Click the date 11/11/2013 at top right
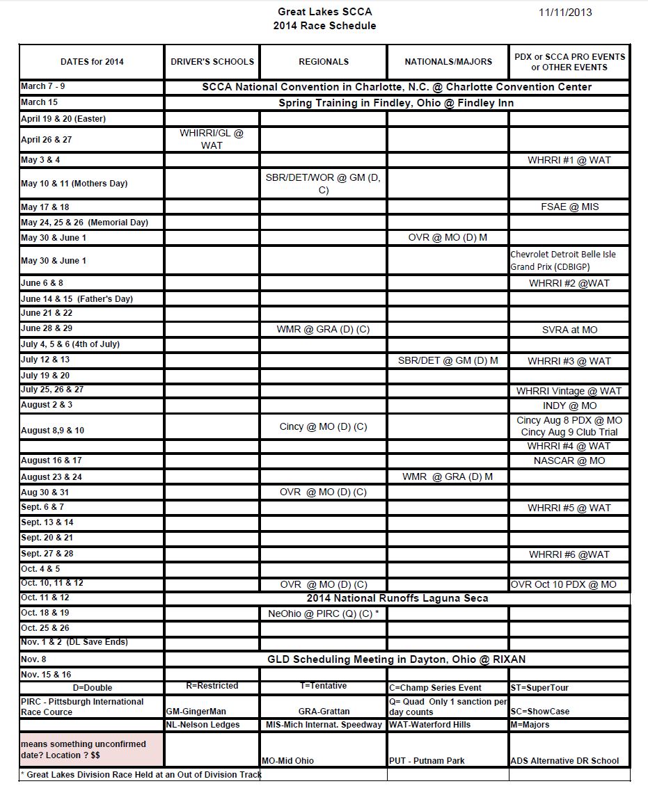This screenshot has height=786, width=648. coord(566,12)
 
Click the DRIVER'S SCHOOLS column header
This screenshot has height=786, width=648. coord(212,62)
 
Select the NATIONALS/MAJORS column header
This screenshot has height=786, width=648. coord(448,62)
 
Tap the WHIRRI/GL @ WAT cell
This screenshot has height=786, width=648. coord(212,139)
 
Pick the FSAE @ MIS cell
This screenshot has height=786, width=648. coord(569,207)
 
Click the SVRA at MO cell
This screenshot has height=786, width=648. coord(569,330)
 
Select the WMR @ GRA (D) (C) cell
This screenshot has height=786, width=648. coord(323,330)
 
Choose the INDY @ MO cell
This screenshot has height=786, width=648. coord(569,406)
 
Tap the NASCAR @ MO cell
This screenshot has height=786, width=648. coord(569,460)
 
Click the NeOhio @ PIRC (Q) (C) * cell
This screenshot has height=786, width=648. coord(323,614)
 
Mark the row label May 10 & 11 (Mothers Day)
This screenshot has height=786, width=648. coord(74,184)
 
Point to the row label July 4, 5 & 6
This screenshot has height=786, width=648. coord(70,344)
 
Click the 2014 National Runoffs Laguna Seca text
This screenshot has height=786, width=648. coord(397,598)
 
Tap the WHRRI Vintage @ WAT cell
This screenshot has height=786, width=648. coord(569,391)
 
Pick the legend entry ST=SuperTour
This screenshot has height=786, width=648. coord(539,688)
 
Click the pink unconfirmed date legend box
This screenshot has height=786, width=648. coord(91,749)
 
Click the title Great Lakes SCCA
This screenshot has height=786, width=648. coord(324,12)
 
